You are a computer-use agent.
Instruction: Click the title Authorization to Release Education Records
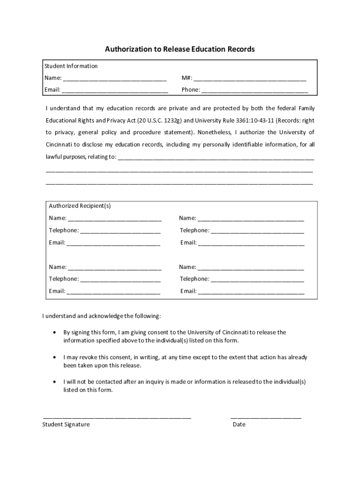click(180, 49)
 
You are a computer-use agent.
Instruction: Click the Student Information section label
click(71, 66)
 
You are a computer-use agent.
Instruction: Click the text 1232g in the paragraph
click(166, 120)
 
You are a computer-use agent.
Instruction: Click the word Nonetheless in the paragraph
click(214, 132)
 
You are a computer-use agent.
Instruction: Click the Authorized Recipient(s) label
click(80, 206)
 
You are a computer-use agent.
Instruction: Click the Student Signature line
click(117, 416)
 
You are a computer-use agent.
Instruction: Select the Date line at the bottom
click(266, 416)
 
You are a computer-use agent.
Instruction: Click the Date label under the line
click(239, 424)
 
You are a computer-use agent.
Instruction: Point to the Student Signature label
click(66, 424)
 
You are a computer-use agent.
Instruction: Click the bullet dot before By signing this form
click(54, 333)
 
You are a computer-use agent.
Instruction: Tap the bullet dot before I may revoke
click(54, 357)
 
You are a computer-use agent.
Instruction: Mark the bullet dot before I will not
click(54, 382)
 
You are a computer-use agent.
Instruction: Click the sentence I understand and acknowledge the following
click(102, 316)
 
